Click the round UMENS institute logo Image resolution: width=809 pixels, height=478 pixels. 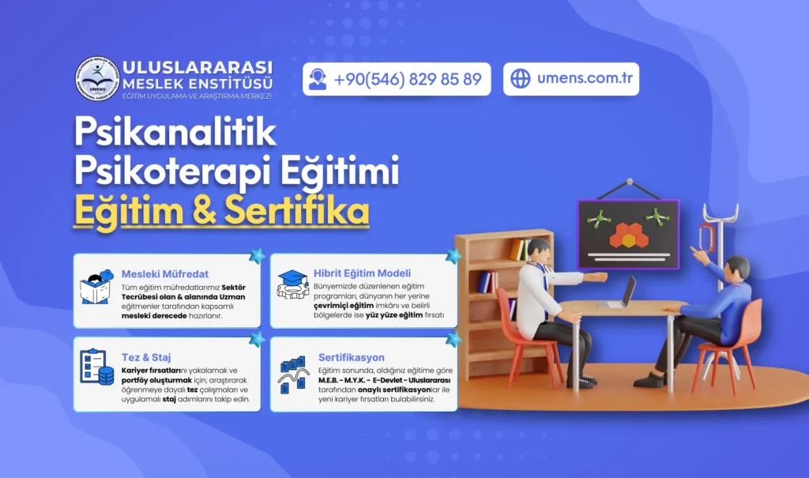pos(97,78)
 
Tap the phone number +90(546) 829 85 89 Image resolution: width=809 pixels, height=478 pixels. pos(408,79)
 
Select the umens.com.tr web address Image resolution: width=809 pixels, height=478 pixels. pos(585,78)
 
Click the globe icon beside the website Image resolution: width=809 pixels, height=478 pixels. pos(520,78)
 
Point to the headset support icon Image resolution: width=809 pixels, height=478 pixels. pos(318,79)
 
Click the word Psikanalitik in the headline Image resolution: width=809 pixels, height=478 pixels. pos(175,132)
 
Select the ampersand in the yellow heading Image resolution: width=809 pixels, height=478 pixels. pos(204,211)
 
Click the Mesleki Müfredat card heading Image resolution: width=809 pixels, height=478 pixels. pos(165,274)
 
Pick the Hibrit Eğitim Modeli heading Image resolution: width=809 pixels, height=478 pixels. pos(362,273)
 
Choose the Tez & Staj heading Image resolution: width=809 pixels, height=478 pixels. pos(146,357)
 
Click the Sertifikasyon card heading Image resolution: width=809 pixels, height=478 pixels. pos(352,357)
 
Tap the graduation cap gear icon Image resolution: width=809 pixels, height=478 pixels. pos(292,285)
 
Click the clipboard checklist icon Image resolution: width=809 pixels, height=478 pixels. pos(96,367)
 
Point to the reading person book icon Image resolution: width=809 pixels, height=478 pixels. pos(96,287)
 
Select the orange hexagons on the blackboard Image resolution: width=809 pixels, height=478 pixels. pos(628,235)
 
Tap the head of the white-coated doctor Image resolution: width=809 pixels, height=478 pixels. pos(539,251)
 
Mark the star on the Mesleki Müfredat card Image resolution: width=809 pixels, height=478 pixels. pos(257,255)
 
